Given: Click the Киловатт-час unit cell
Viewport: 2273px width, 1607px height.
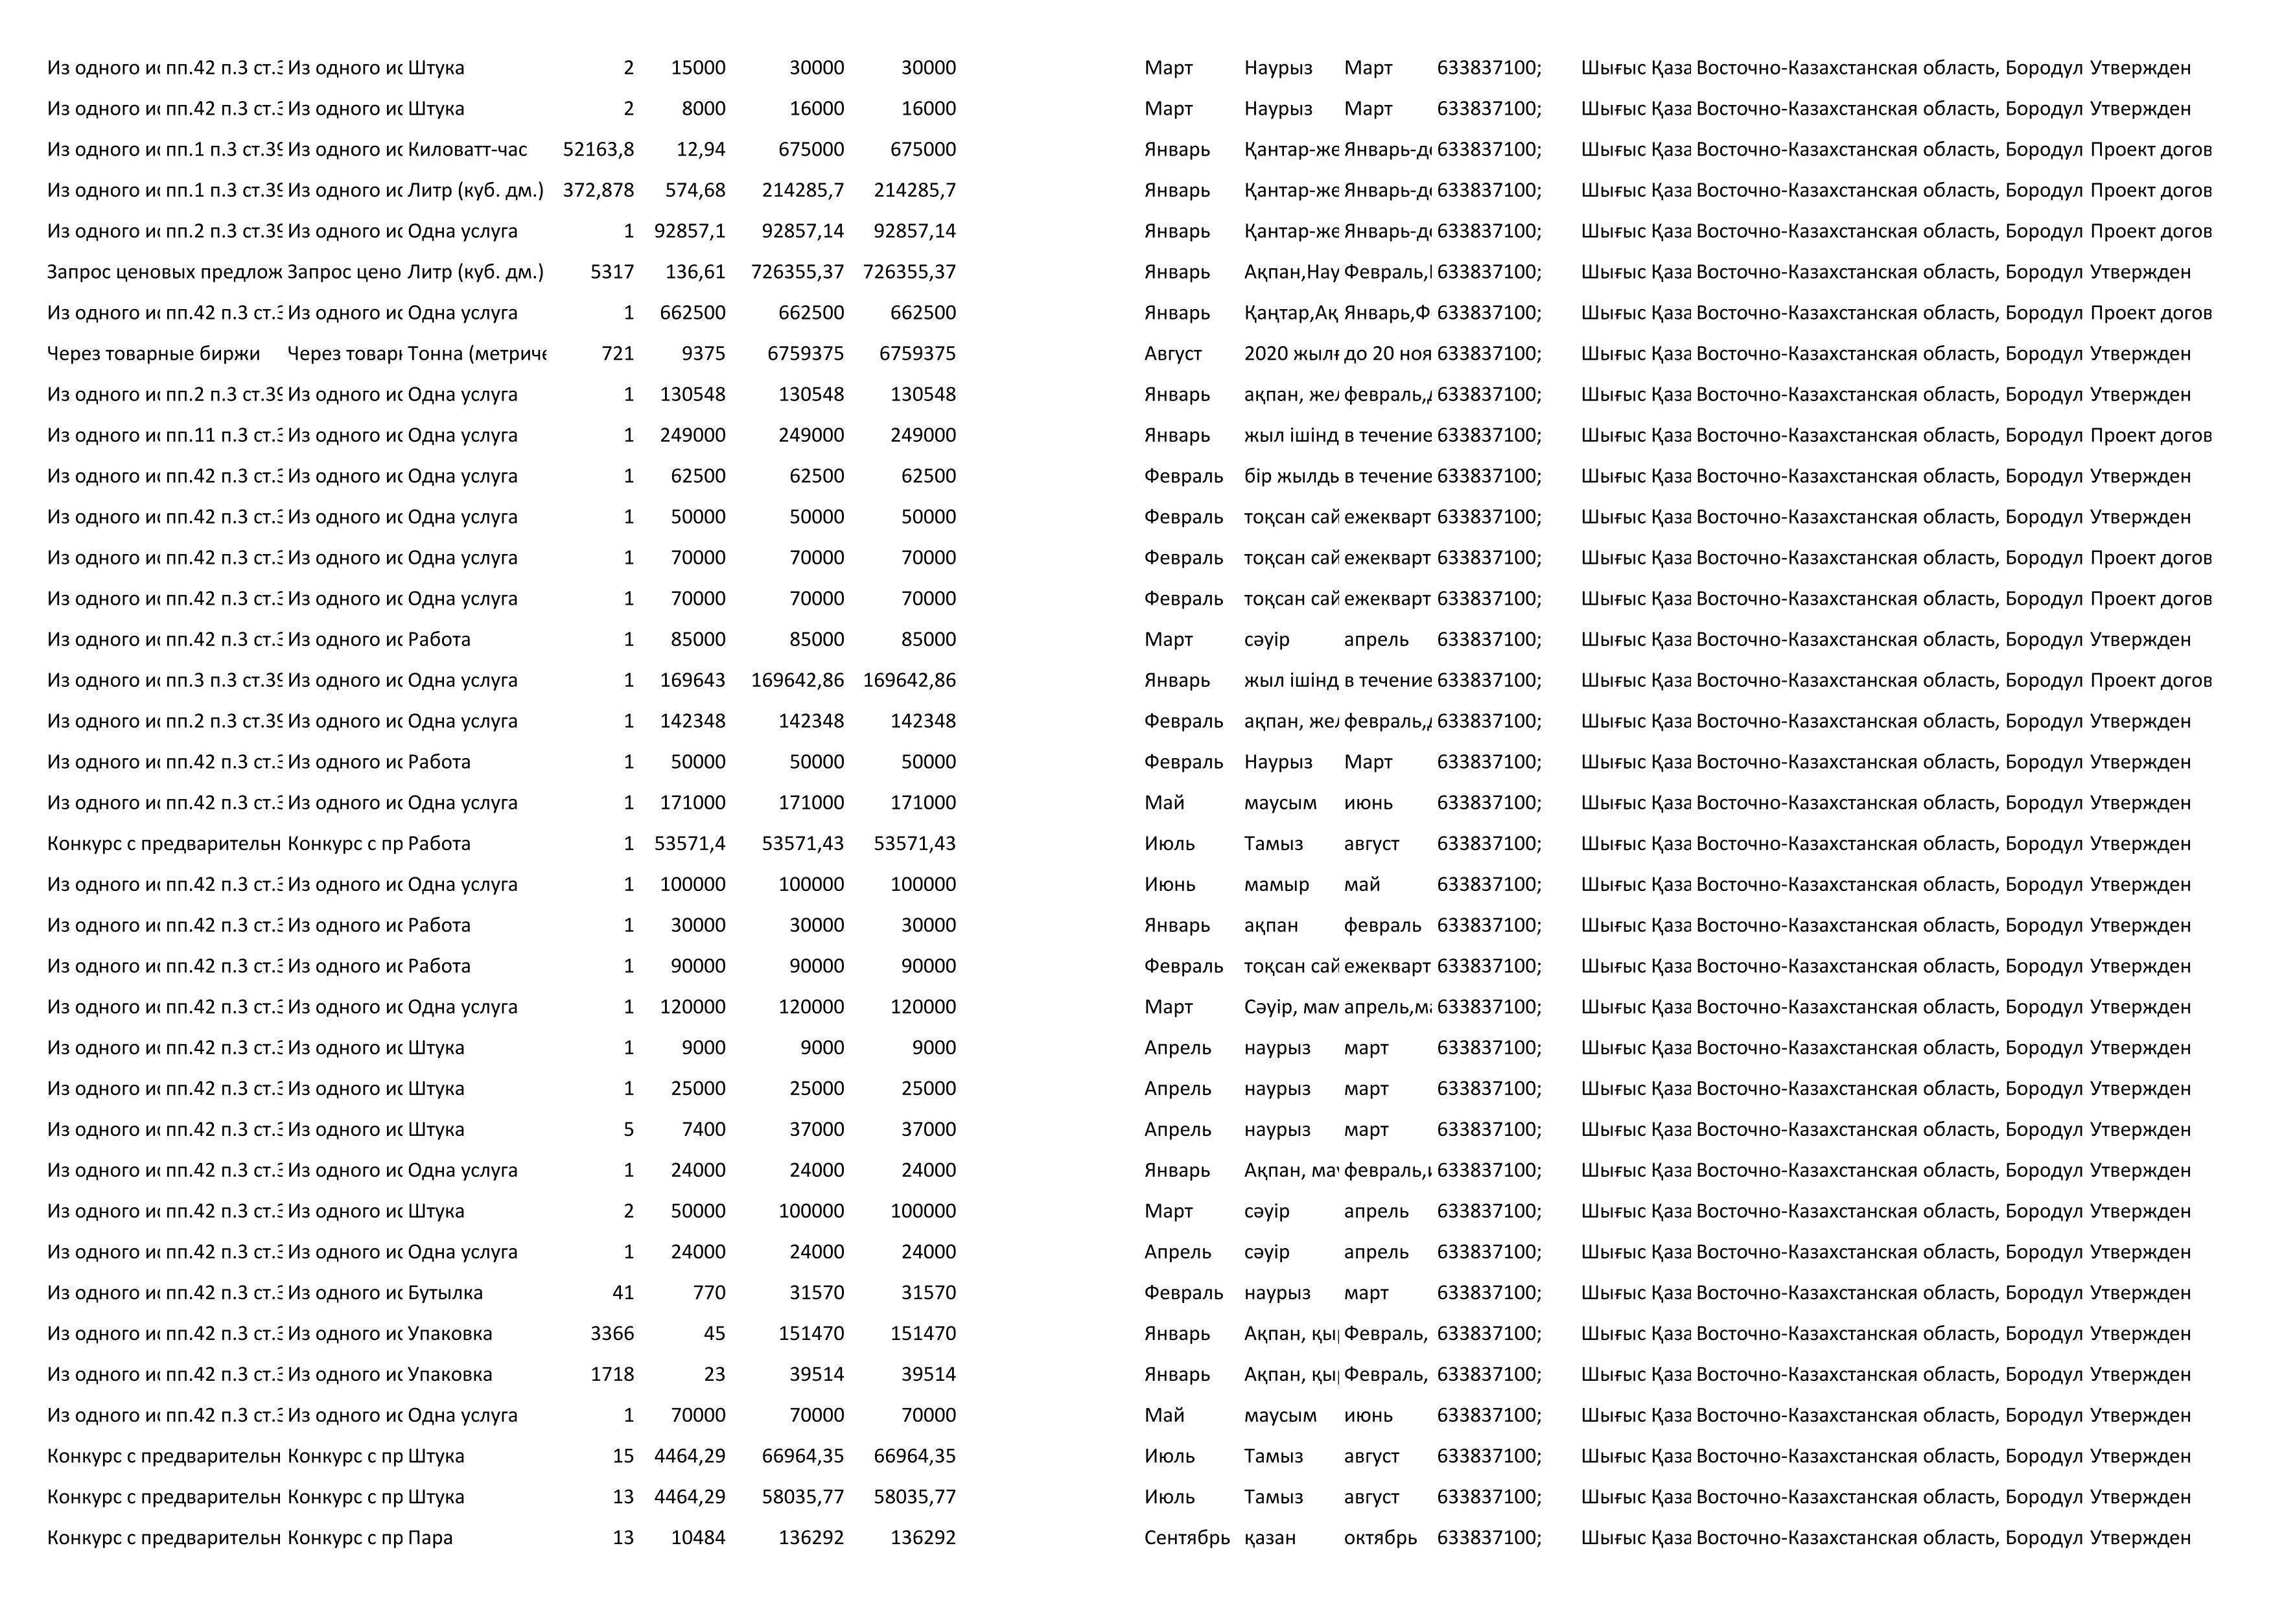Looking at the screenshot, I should pyautogui.click(x=467, y=150).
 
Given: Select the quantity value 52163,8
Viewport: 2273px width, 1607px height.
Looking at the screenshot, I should pyautogui.click(x=598, y=150).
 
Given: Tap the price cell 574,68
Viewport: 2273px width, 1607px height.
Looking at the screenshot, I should pyautogui.click(x=695, y=190).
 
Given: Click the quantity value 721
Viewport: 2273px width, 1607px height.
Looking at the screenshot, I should pyautogui.click(x=617, y=353).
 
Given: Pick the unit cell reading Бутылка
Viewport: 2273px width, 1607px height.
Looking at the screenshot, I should pyautogui.click(x=445, y=1292).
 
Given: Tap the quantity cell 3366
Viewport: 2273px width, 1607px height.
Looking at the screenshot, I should pyautogui.click(x=612, y=1333).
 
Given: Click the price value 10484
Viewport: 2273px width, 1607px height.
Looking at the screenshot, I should pyautogui.click(x=698, y=1537).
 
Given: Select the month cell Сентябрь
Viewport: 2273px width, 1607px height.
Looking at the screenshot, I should pyautogui.click(x=1186, y=1537).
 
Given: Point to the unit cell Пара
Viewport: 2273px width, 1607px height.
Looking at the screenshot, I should pyautogui.click(x=430, y=1537).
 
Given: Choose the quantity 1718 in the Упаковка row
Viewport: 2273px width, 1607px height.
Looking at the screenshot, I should pyautogui.click(x=612, y=1374).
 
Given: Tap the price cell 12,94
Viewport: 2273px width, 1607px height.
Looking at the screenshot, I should pyautogui.click(x=701, y=150).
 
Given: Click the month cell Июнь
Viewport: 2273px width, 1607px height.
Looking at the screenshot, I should pyautogui.click(x=1169, y=884).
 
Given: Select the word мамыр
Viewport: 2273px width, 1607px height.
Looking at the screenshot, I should pyautogui.click(x=1276, y=884).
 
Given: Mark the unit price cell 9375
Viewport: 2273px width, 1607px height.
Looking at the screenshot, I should pyautogui.click(x=703, y=353).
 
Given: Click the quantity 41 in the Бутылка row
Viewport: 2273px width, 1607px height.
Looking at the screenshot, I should pyautogui.click(x=623, y=1292).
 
